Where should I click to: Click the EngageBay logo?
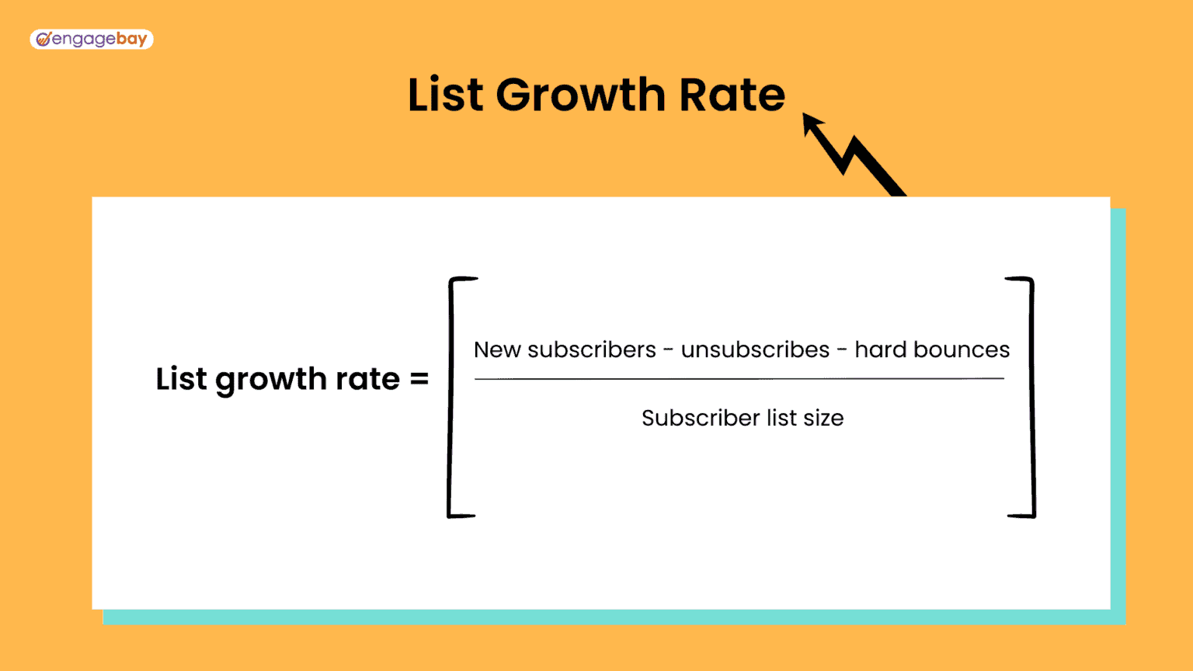(x=92, y=39)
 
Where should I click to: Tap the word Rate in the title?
(x=732, y=95)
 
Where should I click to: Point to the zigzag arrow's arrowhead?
(x=812, y=123)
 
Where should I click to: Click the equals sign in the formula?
(x=419, y=379)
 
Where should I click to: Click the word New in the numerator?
(x=497, y=350)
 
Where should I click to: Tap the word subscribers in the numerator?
(x=592, y=350)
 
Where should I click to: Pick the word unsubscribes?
(x=755, y=350)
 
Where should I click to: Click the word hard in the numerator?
(x=880, y=350)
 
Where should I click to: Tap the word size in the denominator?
(x=823, y=419)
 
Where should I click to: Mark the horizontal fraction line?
(x=739, y=379)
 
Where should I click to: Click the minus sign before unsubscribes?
(x=668, y=351)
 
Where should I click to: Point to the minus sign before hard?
(x=842, y=351)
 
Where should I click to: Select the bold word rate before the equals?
(x=367, y=379)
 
